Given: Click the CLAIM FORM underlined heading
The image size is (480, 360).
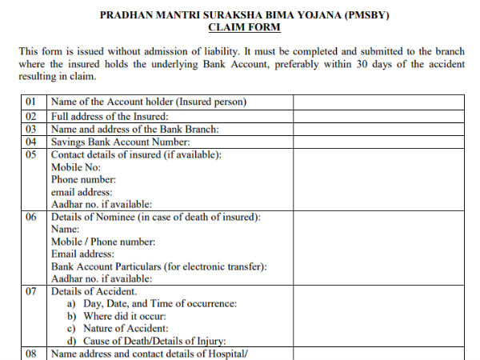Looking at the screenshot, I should tap(244, 28).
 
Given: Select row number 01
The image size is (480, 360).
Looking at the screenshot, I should tap(32, 102).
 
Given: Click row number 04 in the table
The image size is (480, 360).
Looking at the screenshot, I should tap(32, 142).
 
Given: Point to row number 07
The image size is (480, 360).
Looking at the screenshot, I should tap(32, 292).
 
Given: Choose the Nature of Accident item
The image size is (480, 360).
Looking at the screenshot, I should tap(122, 329).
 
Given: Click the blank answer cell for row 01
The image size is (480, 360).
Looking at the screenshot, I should tap(378, 102).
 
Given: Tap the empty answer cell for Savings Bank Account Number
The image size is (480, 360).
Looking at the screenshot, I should tap(378, 142).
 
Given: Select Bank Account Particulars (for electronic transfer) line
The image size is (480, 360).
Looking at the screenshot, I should tap(159, 266).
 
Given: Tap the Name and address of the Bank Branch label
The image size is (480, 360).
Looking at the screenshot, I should tap(134, 129).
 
